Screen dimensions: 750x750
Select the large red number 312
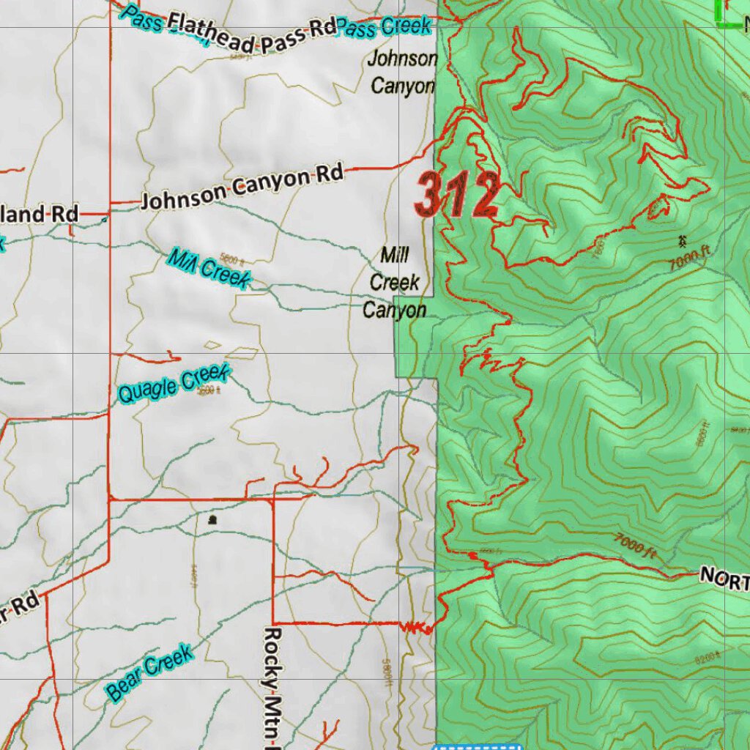456,196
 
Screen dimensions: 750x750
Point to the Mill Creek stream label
209,269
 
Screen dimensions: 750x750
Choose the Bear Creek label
149,672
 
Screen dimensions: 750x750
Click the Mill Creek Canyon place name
395,283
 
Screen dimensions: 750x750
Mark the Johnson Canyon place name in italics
403,72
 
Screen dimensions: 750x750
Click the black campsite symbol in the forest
683,240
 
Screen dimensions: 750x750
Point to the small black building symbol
212,520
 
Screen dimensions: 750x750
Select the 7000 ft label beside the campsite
691,259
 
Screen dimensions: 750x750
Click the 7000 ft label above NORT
635,546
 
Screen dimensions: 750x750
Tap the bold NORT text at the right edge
724,578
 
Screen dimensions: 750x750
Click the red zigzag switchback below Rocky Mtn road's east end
415,627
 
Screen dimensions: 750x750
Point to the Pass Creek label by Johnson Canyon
384,28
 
